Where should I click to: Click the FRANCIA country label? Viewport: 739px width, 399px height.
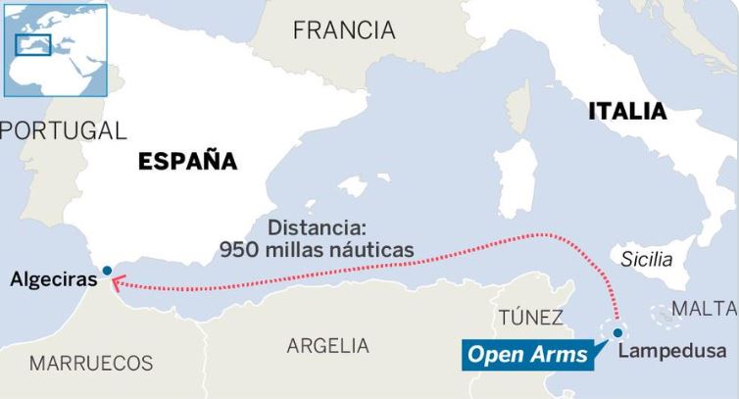tap(344, 31)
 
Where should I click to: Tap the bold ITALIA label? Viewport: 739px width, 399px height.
tap(627, 112)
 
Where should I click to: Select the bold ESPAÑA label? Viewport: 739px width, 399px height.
tap(188, 160)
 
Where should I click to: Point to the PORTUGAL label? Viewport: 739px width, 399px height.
tap(65, 130)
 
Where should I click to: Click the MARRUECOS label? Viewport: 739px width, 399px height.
tap(91, 364)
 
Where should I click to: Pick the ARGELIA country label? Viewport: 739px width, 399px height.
tap(328, 346)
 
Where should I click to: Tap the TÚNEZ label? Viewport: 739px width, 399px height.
tap(530, 318)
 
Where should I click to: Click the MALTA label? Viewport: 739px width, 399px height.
tap(704, 309)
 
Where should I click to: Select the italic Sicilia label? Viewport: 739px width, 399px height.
tap(647, 260)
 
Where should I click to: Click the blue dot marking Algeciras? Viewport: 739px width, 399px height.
tap(107, 270)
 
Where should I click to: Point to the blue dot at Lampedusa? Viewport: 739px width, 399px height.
tap(617, 333)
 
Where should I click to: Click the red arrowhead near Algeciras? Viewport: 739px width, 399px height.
tap(116, 284)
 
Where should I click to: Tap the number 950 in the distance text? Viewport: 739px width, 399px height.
tap(241, 249)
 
